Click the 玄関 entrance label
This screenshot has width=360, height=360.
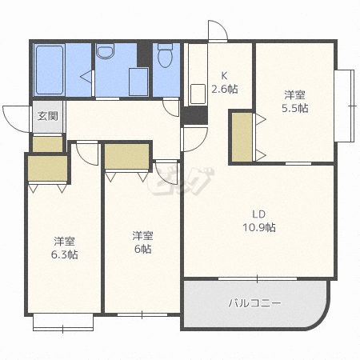48,116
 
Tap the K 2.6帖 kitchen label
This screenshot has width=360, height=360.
225,82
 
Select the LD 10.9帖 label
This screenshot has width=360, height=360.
259,221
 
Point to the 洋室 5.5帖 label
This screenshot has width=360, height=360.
295,102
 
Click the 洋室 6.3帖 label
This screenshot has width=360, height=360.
64,248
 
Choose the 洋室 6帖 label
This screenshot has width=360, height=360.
142,242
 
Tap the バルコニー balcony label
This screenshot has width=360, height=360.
254,303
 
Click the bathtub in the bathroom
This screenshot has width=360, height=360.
50,70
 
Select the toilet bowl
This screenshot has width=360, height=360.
166,56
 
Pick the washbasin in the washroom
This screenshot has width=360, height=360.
106,51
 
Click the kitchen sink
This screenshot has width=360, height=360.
198,94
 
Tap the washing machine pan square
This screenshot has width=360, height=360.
138,82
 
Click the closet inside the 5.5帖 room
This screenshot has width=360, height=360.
242,137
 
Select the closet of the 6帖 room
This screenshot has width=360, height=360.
126,156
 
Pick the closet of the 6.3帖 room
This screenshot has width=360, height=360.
48,169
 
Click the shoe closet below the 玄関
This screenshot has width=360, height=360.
48,144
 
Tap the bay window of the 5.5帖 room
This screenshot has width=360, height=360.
345,106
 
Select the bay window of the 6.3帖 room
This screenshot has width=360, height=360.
63,322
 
